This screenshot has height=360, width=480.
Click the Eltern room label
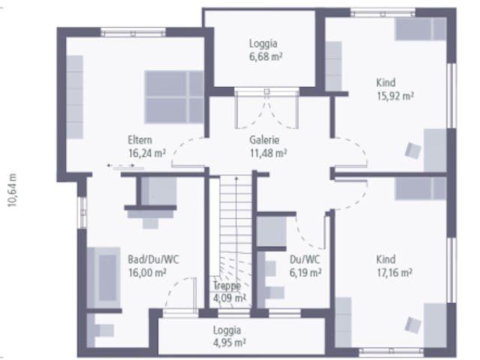tap(140, 140)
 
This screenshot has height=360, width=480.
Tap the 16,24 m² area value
tap(147, 153)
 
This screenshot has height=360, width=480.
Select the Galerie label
tap(264, 140)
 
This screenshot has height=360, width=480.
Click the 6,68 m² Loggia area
tap(265, 57)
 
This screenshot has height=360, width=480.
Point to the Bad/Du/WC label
tap(153, 259)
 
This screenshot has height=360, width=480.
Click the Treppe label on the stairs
tap(227, 285)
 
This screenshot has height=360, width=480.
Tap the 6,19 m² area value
tap(305, 272)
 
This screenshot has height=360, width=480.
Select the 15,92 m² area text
tap(395, 96)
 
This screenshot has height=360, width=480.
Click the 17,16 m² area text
tap(394, 272)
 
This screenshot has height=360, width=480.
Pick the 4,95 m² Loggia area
tap(229, 343)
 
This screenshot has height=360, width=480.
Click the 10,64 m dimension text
tap(12, 190)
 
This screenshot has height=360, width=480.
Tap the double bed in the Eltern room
tap(174, 97)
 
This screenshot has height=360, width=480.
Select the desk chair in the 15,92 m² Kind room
tap(413, 151)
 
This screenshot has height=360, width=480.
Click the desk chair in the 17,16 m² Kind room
tap(413, 325)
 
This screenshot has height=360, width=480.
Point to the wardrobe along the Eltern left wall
tap(75, 97)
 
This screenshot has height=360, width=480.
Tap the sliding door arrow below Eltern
tap(121, 166)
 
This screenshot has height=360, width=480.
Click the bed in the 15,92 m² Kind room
tap(421, 29)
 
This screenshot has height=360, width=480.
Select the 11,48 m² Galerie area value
tap(268, 153)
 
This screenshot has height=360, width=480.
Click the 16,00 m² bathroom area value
tap(147, 272)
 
